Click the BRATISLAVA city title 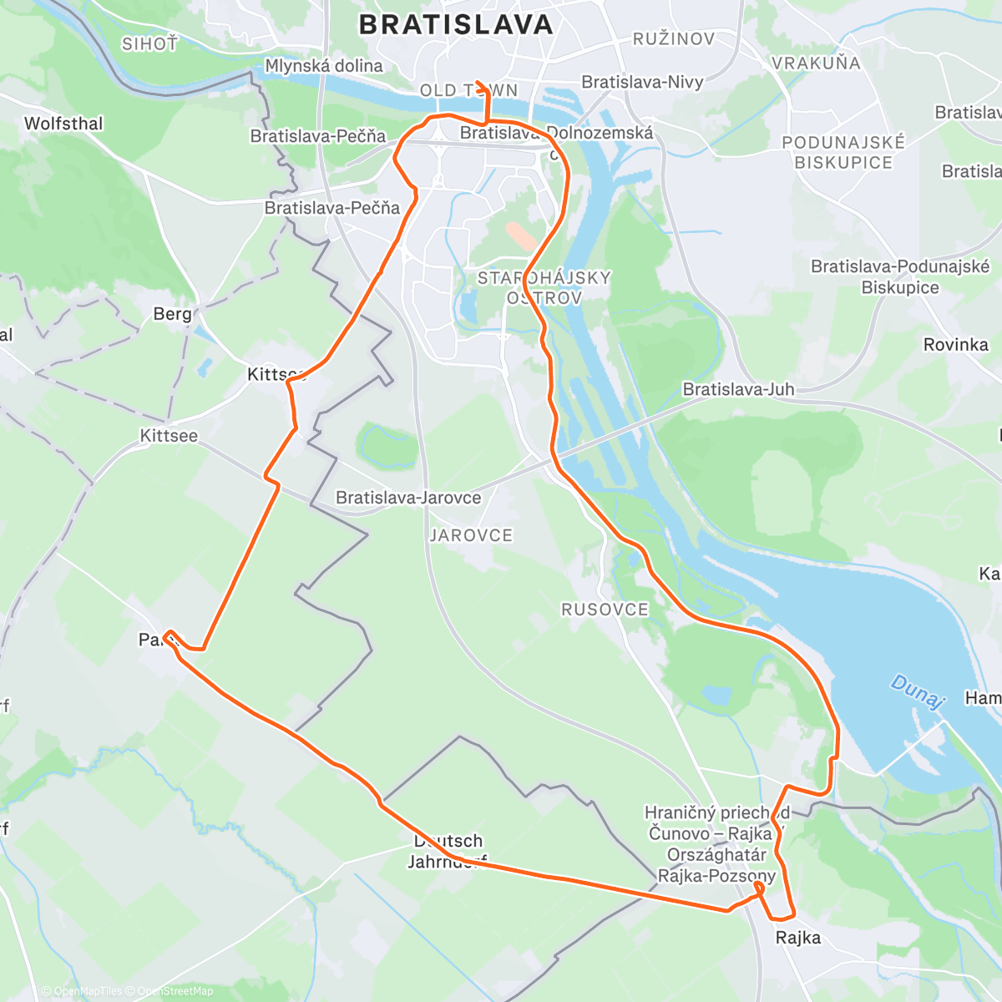(456, 24)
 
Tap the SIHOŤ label (150, 44)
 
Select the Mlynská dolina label (324, 65)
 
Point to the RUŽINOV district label (674, 39)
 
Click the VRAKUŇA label (816, 63)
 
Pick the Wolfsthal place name (63, 124)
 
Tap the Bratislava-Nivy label (642, 82)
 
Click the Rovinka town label (955, 344)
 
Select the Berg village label (172, 314)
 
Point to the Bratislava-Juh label (738, 389)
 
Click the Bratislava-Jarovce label (408, 498)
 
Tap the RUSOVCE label (605, 610)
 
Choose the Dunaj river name (917, 692)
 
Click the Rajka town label (797, 938)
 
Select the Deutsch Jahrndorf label (448, 851)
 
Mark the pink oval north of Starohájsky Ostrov (522, 235)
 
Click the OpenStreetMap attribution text (175, 991)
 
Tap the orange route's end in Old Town (477, 83)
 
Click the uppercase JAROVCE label (471, 535)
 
